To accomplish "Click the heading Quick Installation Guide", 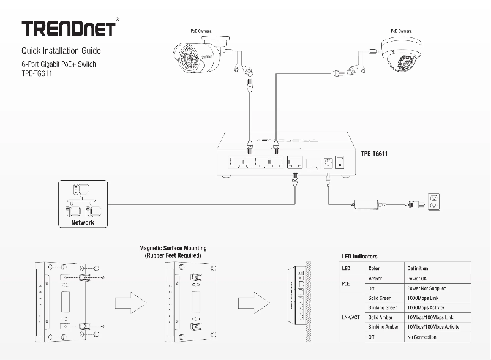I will click(61, 51).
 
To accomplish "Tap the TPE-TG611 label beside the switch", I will click(378, 154).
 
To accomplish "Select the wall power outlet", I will click(434, 201).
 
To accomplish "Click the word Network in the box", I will click(83, 223).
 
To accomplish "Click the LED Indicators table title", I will click(359, 257).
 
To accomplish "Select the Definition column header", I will click(418, 268).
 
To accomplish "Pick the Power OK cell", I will click(418, 279).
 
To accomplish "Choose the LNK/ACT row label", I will click(351, 318).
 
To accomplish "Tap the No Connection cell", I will click(422, 337).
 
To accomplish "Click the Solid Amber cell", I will click(381, 318).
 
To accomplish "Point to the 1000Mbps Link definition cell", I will click(423, 298).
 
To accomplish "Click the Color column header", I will click(374, 268).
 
